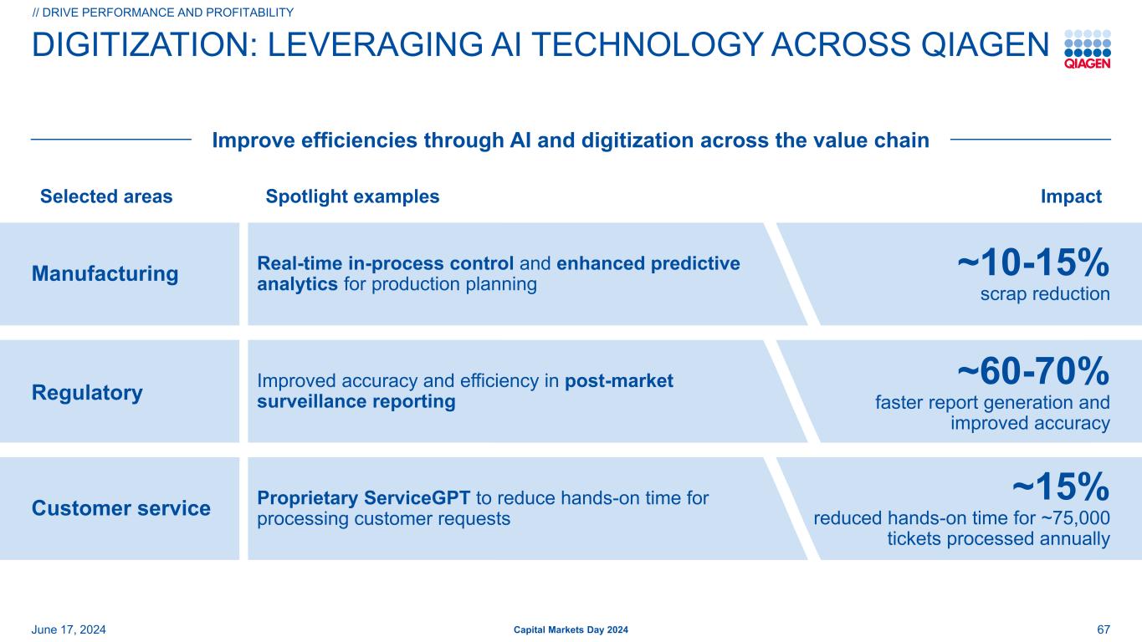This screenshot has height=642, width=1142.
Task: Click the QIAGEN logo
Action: [x=1088, y=49]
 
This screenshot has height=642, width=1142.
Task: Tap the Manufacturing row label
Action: [x=105, y=273]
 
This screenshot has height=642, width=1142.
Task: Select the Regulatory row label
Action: [x=87, y=393]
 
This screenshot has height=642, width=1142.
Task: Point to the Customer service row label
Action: [x=120, y=508]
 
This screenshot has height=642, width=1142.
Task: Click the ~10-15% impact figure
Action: [x=1033, y=263]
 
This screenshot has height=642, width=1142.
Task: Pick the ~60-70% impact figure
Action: [x=1033, y=371]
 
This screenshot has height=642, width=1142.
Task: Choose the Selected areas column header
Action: [x=106, y=196]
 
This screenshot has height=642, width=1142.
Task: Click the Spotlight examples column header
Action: [x=352, y=196]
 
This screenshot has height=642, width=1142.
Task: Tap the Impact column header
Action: [x=1071, y=196]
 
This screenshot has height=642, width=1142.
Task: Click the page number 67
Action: [x=1104, y=629]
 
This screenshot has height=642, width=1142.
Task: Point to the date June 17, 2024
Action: [x=69, y=629]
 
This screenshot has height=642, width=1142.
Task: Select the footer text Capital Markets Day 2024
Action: [x=571, y=629]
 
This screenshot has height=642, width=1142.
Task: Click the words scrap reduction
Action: [x=1045, y=294]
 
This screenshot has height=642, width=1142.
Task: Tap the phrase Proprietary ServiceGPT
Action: [x=363, y=498]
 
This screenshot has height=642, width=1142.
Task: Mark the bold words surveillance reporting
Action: [x=356, y=401]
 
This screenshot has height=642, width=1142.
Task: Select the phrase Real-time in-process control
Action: [x=386, y=263]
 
